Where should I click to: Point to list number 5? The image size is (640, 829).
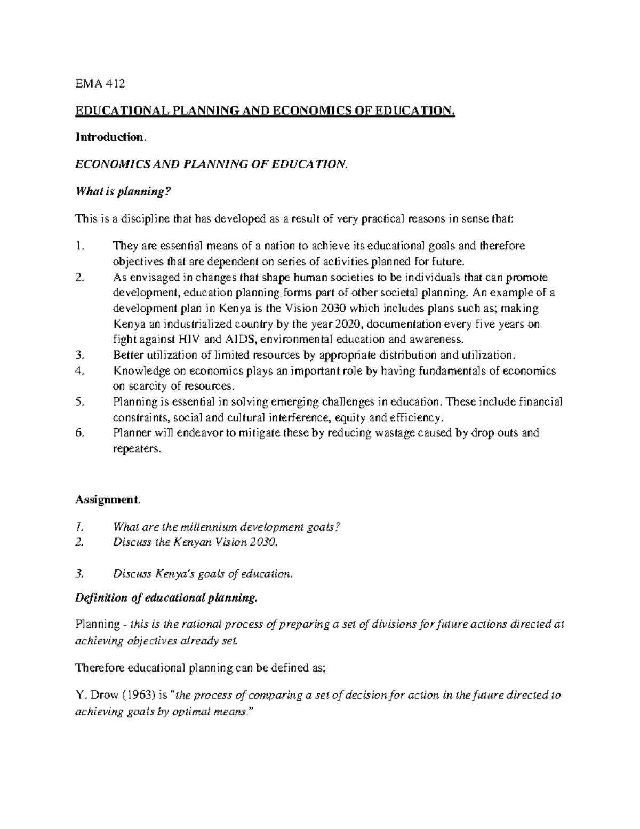(x=80, y=402)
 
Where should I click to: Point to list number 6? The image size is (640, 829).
(x=80, y=432)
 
